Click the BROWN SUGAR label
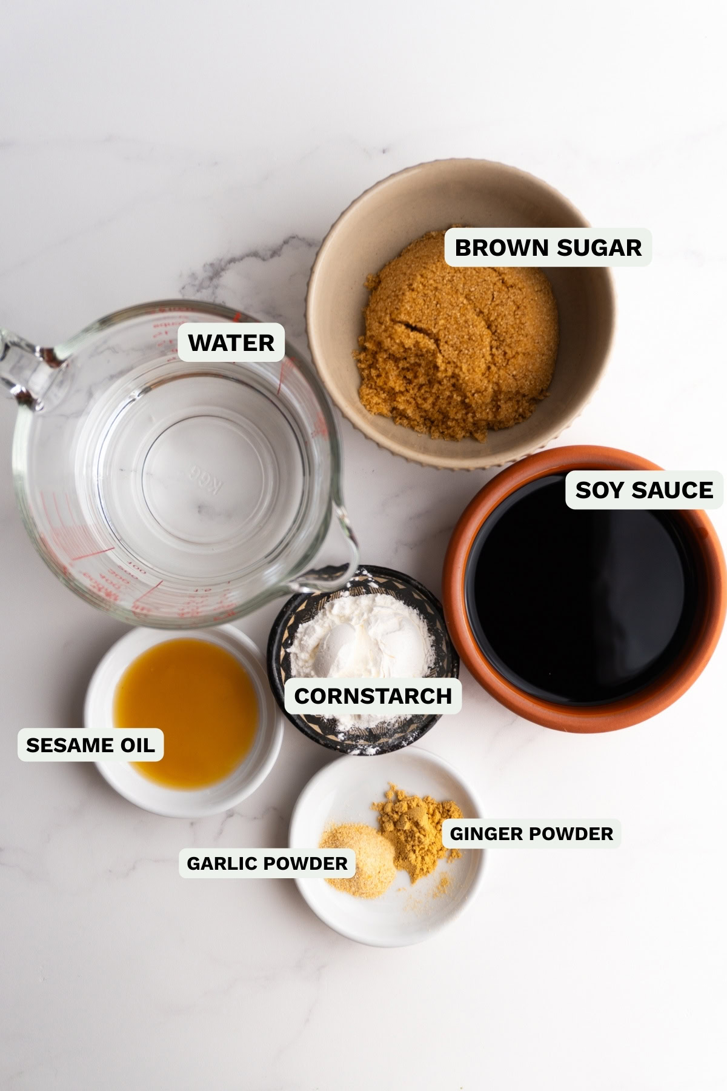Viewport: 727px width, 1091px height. pyautogui.click(x=548, y=247)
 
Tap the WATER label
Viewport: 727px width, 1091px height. pyautogui.click(x=231, y=343)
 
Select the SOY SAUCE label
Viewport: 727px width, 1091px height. pyautogui.click(x=644, y=490)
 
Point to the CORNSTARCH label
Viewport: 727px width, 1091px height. pyautogui.click(x=373, y=696)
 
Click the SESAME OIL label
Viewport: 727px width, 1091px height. pyautogui.click(x=90, y=745)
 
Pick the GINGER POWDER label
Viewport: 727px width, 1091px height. pyautogui.click(x=531, y=833)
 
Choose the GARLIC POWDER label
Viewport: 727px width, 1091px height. pyautogui.click(x=267, y=863)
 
